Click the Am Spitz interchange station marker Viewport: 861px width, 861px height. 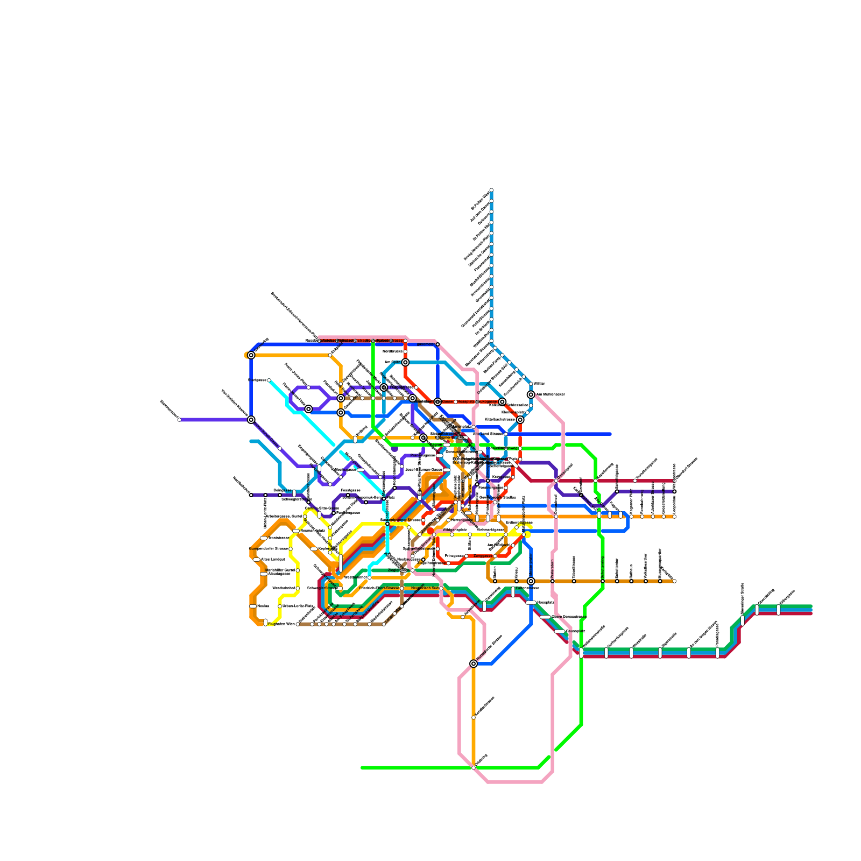(x=405, y=362)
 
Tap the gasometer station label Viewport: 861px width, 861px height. (x=425, y=344)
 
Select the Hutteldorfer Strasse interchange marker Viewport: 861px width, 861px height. (x=474, y=664)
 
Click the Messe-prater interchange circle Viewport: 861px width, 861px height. (x=531, y=581)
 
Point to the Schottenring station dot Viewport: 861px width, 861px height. (x=603, y=581)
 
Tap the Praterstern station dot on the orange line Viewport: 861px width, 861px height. (x=553, y=581)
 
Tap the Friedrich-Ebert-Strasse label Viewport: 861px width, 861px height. (x=379, y=588)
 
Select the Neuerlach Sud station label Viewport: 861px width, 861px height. (x=425, y=588)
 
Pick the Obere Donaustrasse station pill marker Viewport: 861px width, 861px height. (x=546, y=617)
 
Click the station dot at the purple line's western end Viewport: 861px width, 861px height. (x=179, y=420)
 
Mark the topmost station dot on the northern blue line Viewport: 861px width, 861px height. (x=491, y=190)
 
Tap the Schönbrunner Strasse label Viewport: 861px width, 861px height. (x=400, y=520)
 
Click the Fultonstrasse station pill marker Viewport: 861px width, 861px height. (x=513, y=592)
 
